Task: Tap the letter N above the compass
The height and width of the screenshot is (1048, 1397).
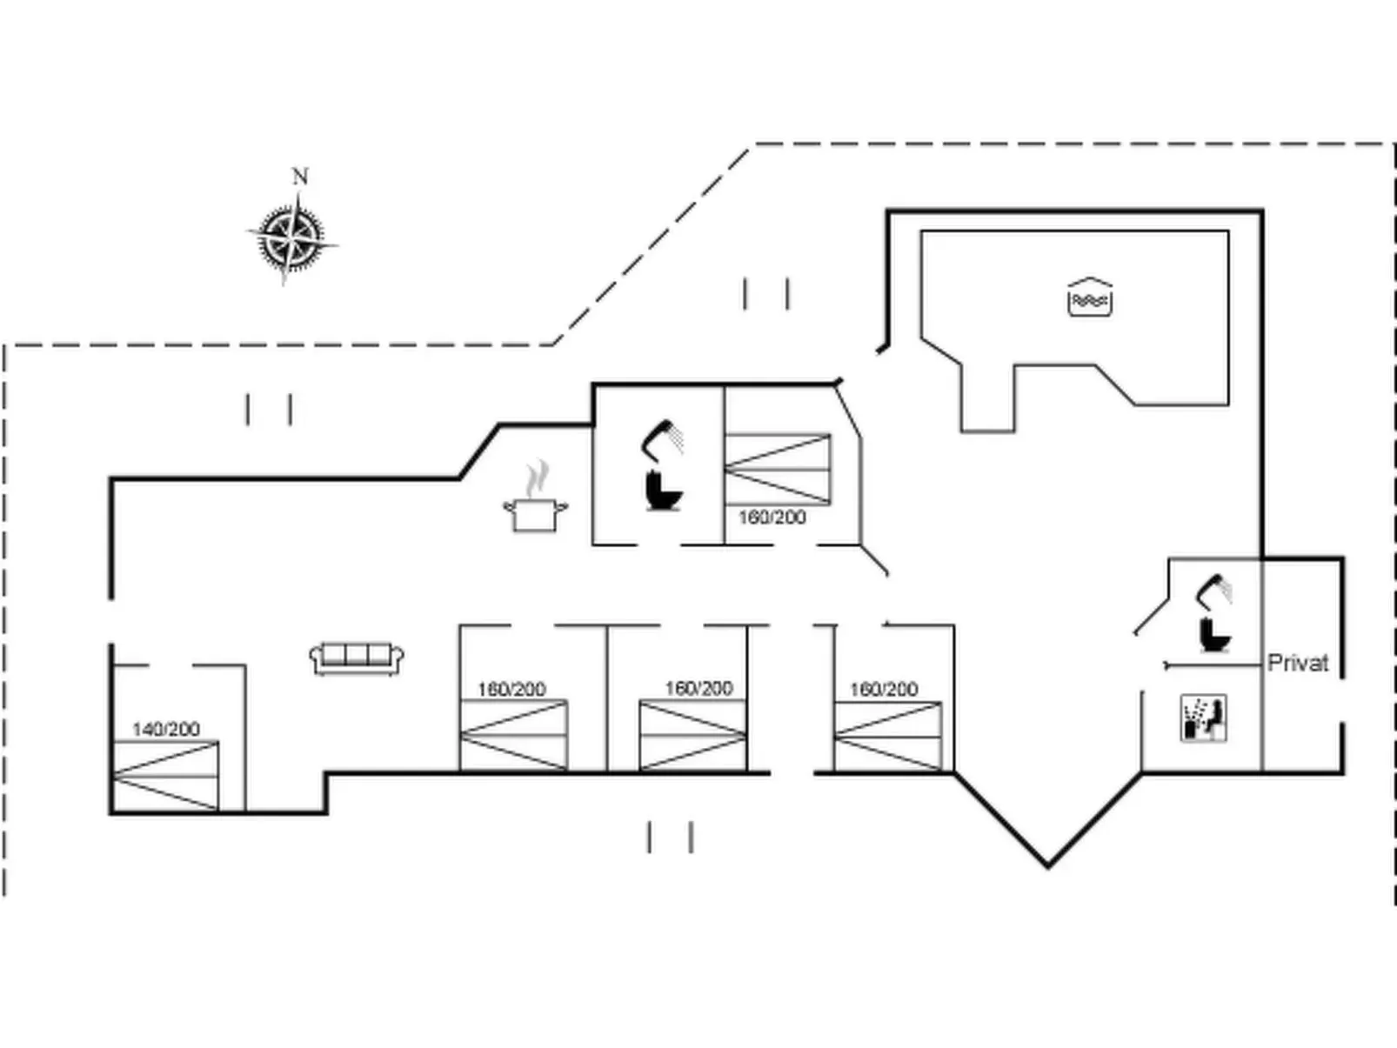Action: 300,177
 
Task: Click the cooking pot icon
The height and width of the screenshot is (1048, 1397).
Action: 535,514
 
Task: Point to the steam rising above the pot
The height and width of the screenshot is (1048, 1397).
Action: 538,477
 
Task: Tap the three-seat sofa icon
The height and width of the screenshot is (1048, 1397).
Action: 357,658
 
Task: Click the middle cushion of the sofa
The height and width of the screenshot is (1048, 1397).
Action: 357,654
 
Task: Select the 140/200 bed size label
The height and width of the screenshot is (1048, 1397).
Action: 165,729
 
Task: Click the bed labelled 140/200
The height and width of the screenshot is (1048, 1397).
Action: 165,777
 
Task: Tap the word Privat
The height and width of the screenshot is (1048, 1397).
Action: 1298,664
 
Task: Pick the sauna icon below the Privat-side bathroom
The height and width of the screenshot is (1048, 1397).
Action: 1203,718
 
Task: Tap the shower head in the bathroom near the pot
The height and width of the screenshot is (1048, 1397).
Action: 663,435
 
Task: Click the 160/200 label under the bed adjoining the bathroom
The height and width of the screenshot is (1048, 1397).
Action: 772,517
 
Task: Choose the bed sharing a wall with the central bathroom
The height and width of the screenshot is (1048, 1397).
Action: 777,469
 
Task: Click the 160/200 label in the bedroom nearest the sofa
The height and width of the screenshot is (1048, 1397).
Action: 511,690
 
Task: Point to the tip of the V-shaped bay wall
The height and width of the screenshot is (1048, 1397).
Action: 1047,865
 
